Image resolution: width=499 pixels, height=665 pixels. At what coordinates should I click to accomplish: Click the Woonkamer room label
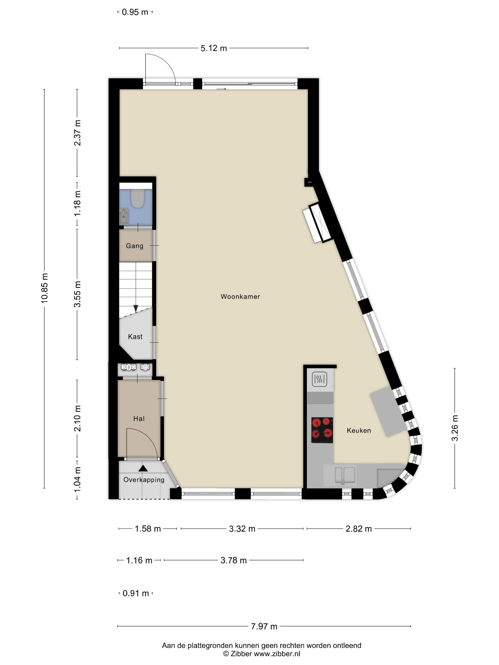point(240,296)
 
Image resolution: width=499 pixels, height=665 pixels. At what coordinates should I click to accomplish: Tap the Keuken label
point(359,431)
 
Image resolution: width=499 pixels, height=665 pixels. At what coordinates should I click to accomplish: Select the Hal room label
point(139,418)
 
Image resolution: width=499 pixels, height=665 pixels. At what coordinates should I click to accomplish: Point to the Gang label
point(134,246)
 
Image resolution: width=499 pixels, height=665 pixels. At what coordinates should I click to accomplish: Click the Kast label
point(135,337)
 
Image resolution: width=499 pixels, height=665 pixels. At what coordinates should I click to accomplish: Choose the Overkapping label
point(144,480)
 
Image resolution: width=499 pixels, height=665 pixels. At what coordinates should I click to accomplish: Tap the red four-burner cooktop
point(322,430)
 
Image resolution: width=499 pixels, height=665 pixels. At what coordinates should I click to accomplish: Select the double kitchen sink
point(345,475)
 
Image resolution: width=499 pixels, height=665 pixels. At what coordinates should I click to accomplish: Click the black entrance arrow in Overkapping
point(143,468)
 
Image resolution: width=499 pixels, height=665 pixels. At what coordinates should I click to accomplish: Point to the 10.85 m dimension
point(44,288)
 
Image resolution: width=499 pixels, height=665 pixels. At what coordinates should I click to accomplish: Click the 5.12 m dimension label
point(214,48)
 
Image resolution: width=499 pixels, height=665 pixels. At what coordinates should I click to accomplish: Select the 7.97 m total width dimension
point(264,627)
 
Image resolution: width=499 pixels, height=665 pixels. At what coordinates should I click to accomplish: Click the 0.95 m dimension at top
point(135,12)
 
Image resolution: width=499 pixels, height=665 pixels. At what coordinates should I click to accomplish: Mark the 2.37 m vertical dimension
point(77,133)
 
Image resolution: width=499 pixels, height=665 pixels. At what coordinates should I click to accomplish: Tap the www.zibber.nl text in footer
point(277,653)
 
